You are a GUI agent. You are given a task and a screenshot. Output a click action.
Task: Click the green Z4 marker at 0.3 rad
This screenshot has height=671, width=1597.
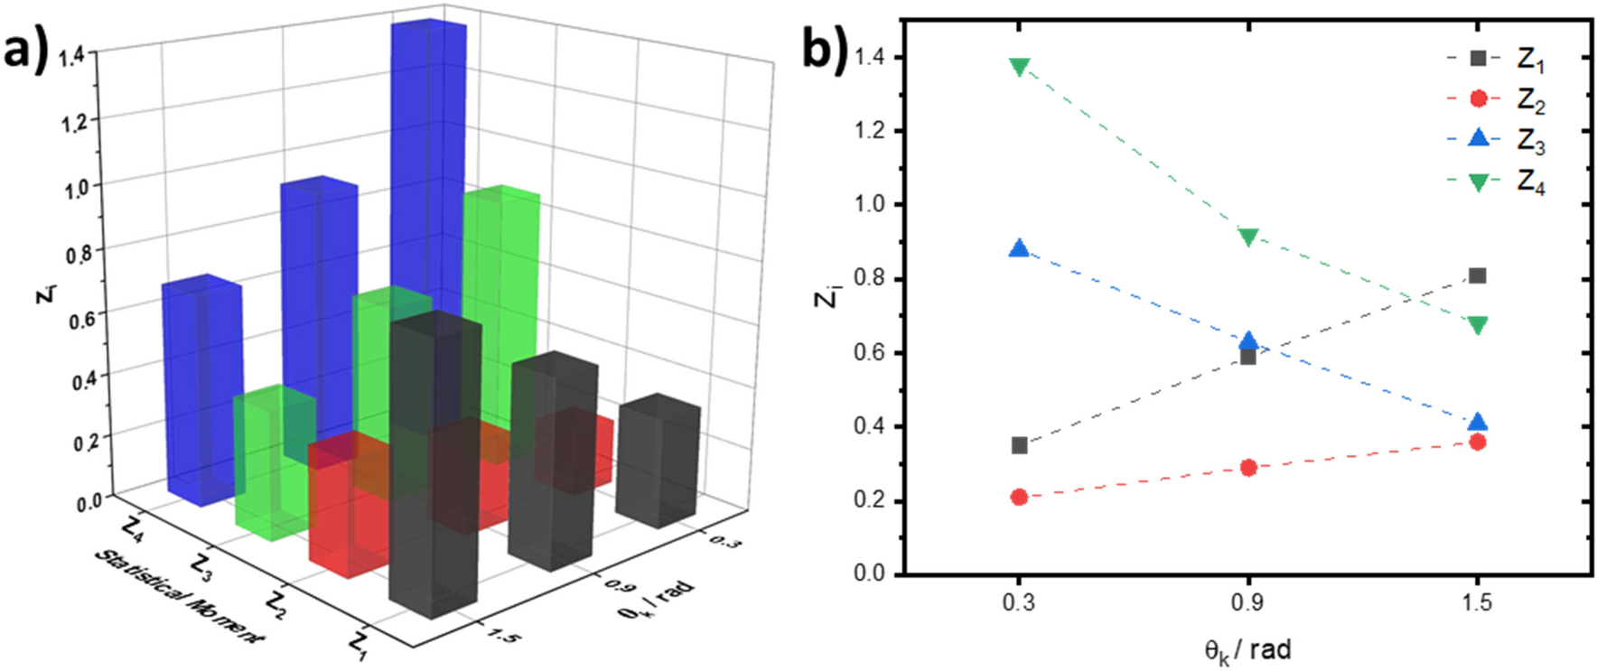[x=1020, y=67]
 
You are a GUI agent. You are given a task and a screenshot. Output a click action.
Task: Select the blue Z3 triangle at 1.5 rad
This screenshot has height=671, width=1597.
[x=1477, y=422]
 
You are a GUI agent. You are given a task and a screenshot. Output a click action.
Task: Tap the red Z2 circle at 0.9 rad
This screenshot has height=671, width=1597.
[x=1248, y=467]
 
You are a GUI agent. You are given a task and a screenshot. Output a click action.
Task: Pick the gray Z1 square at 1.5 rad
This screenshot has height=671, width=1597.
[x=1477, y=275]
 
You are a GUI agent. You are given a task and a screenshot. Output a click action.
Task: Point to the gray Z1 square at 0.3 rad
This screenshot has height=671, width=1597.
[x=1020, y=445]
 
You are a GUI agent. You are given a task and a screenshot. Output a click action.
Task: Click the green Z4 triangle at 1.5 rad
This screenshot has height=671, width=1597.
[x=1477, y=325]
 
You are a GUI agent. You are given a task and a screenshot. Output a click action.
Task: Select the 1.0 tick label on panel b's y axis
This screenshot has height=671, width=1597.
[x=873, y=204]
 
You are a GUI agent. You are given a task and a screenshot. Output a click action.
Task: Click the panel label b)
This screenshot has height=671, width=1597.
[x=825, y=50]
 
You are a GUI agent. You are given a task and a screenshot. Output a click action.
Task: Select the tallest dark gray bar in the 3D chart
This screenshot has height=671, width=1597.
[x=434, y=461]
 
